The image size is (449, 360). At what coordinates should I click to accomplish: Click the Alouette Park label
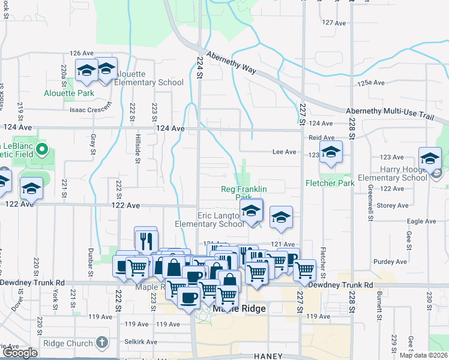pyautogui.click(x=69, y=94)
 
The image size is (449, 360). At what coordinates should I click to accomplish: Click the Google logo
pyautogui.click(x=20, y=353)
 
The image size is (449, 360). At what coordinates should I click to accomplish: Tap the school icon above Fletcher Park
pyautogui.click(x=330, y=153)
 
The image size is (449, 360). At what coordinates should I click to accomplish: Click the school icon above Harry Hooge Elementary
pyautogui.click(x=430, y=158)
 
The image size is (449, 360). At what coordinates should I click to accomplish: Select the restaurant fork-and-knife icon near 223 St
pyautogui.click(x=146, y=241)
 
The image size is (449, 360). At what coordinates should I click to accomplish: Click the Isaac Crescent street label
pyautogui.click(x=91, y=109)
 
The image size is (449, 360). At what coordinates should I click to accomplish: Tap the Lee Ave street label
pyautogui.click(x=284, y=152)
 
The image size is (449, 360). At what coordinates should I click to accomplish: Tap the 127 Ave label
pyautogui.click(x=334, y=22)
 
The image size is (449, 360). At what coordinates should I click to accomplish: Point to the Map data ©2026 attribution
pyautogui.click(x=423, y=355)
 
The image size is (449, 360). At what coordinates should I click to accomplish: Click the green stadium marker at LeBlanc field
pyautogui.click(x=42, y=149)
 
